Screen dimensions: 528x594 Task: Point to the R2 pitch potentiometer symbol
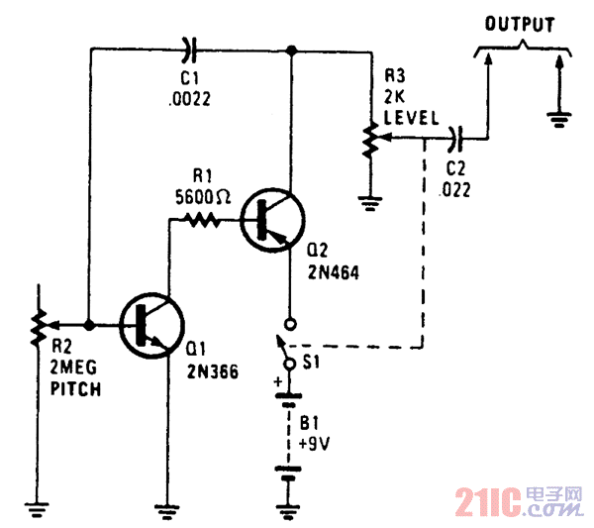pyautogui.click(x=40, y=324)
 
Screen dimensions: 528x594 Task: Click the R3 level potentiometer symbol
pyautogui.click(x=368, y=141)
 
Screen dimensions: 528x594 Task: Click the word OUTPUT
pyautogui.click(x=519, y=26)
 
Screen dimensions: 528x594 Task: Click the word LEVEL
pyautogui.click(x=410, y=117)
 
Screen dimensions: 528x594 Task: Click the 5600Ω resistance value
pyautogui.click(x=202, y=196)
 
